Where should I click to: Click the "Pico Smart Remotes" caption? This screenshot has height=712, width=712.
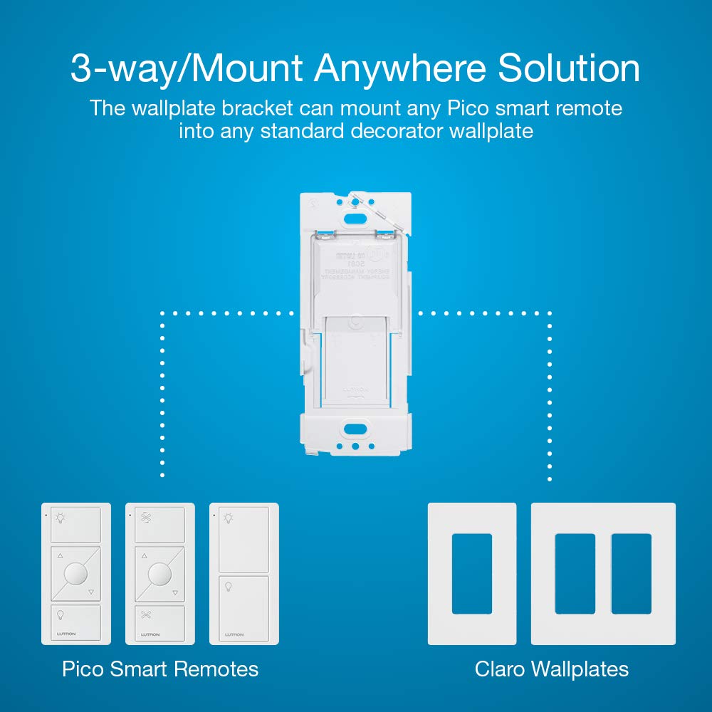(x=160, y=669)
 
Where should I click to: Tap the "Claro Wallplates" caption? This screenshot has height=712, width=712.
(x=552, y=669)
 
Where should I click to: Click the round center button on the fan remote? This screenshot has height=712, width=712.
(x=160, y=573)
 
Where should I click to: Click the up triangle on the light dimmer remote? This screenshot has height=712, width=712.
(x=61, y=556)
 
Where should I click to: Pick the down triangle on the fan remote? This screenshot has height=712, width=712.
(x=174, y=592)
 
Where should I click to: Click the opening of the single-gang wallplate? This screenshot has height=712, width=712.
(x=472, y=574)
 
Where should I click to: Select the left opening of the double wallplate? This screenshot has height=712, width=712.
(x=575, y=574)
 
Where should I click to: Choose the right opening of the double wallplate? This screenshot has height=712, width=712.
(x=632, y=574)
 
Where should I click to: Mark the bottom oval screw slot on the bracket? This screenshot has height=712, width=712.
(x=354, y=429)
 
